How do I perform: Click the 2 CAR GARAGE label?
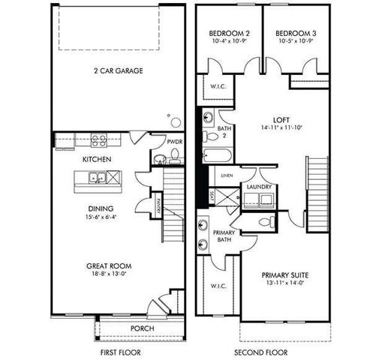118,72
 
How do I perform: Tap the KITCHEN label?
97,160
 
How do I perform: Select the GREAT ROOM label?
110,265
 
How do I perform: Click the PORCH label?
143,327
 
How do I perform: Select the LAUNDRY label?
256,186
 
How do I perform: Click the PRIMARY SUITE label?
286,275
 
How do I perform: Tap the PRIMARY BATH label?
224,236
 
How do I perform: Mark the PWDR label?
175,140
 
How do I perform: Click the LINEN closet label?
224,175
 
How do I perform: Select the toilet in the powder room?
175,156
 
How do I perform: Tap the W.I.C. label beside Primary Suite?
218,286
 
